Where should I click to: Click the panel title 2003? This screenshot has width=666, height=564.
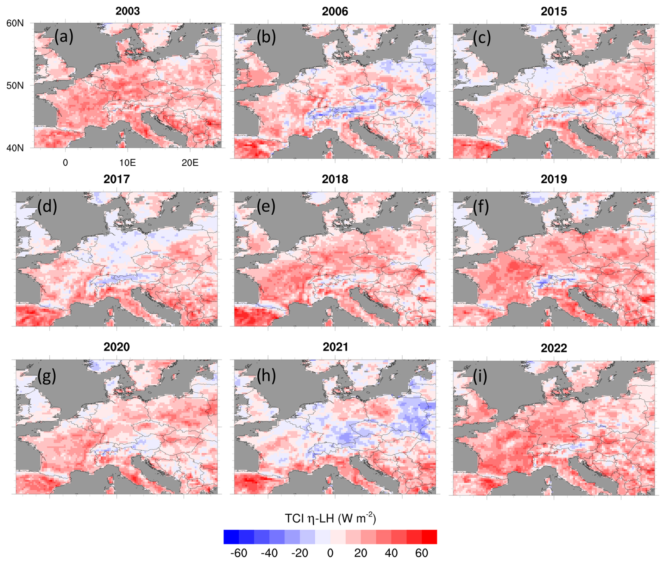127,11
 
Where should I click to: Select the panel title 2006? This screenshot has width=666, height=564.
335,11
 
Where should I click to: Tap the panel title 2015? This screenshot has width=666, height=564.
554,11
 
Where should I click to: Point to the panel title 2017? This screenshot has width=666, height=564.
117,179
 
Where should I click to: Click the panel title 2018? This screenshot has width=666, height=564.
335,179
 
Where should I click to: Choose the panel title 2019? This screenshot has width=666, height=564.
554,179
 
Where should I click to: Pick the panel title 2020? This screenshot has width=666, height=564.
117,347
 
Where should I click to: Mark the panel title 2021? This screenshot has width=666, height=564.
335,347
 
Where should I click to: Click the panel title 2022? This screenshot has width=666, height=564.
554,348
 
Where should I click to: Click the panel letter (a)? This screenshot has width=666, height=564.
64,37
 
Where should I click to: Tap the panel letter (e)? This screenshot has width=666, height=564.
266,206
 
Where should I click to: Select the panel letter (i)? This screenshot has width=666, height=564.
480,376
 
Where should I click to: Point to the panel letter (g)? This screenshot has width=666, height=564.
47,376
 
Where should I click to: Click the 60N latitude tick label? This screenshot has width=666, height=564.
15,23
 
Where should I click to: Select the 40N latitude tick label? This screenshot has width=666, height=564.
15,148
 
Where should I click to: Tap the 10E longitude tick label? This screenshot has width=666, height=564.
127,163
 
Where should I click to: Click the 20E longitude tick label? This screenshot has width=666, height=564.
190,163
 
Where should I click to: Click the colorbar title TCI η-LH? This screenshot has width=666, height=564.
330,518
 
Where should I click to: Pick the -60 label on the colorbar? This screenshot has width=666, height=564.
239,553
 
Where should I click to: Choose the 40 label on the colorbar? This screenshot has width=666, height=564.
391,553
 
